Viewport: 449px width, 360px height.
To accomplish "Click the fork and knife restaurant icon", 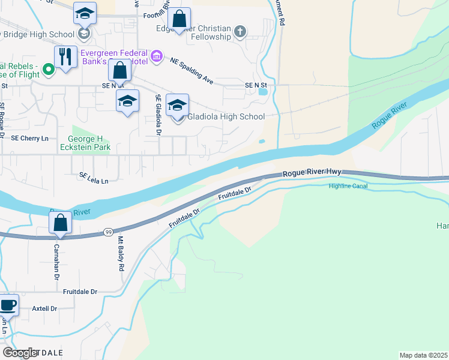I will [65, 57].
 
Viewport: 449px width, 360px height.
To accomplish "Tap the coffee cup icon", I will [8, 305].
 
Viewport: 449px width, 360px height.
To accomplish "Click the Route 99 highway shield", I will [108, 232].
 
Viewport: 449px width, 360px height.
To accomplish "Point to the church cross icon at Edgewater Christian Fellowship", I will [240, 31].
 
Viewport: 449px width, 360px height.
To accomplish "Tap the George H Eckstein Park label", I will [85, 142].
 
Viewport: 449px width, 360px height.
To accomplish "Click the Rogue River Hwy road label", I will [312, 172].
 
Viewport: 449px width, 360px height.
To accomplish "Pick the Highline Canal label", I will [348, 186].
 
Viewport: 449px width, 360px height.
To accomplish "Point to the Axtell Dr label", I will [44, 308].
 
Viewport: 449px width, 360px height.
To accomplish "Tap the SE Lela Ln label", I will [94, 177].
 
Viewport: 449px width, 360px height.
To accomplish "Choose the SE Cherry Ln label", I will [29, 138].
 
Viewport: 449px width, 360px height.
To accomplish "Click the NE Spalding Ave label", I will [191, 70].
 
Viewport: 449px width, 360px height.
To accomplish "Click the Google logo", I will [20, 353].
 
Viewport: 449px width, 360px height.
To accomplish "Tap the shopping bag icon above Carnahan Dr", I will [61, 223].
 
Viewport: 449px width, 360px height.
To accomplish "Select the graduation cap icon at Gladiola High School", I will [177, 105].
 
